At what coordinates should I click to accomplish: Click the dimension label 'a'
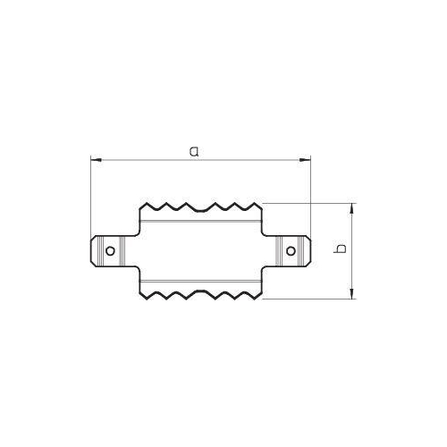pyautogui.click(x=194, y=151)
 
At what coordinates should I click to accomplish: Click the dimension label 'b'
pyautogui.click(x=341, y=249)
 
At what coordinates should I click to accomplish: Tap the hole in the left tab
pyautogui.click(x=110, y=251)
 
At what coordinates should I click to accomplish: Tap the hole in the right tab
pyautogui.click(x=291, y=251)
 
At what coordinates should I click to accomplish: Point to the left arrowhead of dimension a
pyautogui.click(x=96, y=160)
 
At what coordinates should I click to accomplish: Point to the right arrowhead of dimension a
pyautogui.click(x=305, y=160)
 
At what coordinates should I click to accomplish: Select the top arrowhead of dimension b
pyautogui.click(x=352, y=208)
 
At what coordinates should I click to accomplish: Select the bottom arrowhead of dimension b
pyautogui.click(x=352, y=293)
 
